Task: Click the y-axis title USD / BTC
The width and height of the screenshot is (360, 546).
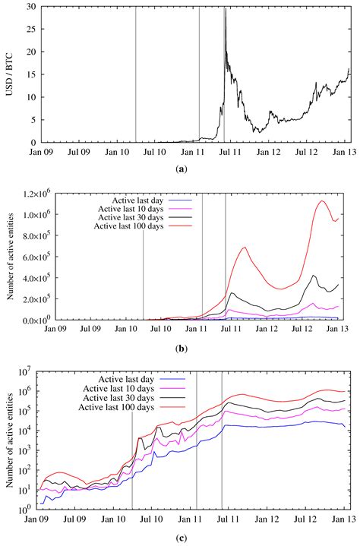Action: click(x=11, y=74)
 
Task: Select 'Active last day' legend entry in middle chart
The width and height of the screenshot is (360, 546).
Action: click(x=139, y=198)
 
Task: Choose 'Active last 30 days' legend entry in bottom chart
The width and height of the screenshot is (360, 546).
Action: click(x=118, y=397)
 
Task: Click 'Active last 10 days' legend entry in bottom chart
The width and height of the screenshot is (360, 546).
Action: click(x=118, y=387)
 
